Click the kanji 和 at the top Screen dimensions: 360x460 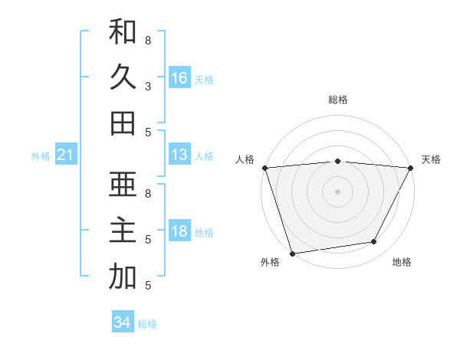pos(123,31)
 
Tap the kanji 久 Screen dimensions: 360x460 pos(123,77)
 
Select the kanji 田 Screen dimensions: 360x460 pos(123,123)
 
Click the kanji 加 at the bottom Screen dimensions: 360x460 pos(123,277)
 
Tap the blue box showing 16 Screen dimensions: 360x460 pos(179,77)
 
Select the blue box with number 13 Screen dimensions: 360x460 pos(179,155)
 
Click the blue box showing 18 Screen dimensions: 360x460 pos(179,232)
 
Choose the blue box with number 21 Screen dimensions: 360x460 pos(66,155)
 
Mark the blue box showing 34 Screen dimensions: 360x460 pos(123,322)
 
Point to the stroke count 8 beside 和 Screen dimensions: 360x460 pos(148,39)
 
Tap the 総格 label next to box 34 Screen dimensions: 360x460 pos(147,324)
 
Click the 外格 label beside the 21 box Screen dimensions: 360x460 pos(41,156)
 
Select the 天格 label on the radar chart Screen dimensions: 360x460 pos(431,159)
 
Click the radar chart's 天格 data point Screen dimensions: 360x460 pos(411,168)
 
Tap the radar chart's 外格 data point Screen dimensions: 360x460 pos(292,253)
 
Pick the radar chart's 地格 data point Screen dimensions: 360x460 pos(374,242)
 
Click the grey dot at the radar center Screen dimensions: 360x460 pos(337,191)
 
